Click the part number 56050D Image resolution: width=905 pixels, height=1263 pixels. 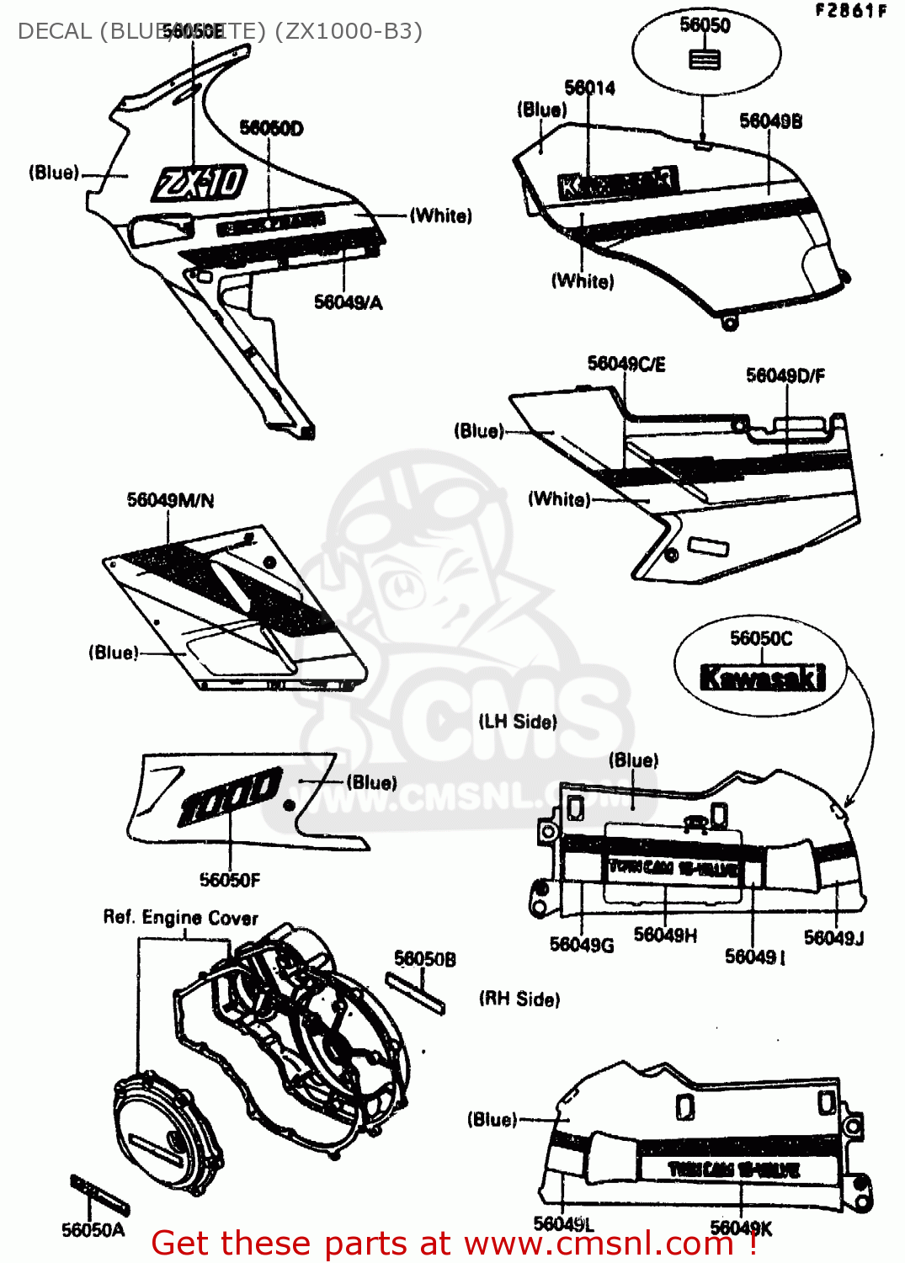(x=271, y=128)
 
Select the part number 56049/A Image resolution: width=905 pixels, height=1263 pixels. (x=348, y=302)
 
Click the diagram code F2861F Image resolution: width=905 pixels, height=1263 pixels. (x=850, y=11)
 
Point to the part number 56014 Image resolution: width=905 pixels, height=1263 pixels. (x=589, y=88)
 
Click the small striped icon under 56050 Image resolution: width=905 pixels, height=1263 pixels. (x=705, y=60)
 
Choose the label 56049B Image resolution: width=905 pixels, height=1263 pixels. (x=770, y=121)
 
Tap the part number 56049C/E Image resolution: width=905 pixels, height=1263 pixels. (x=626, y=364)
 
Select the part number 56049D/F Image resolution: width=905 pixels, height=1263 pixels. (x=785, y=376)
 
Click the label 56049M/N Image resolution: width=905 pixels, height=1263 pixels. (x=170, y=500)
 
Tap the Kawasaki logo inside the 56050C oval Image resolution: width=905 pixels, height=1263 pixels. (x=762, y=677)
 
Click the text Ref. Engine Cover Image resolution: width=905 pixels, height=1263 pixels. (x=180, y=917)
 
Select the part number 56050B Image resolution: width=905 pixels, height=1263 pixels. (x=424, y=959)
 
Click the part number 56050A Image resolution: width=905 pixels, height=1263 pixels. (x=93, y=1230)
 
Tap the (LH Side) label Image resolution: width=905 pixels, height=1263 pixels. (x=518, y=722)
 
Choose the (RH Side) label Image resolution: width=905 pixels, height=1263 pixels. (x=519, y=999)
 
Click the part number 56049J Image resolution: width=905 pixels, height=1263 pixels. (x=833, y=938)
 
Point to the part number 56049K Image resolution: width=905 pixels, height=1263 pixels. (x=741, y=1228)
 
